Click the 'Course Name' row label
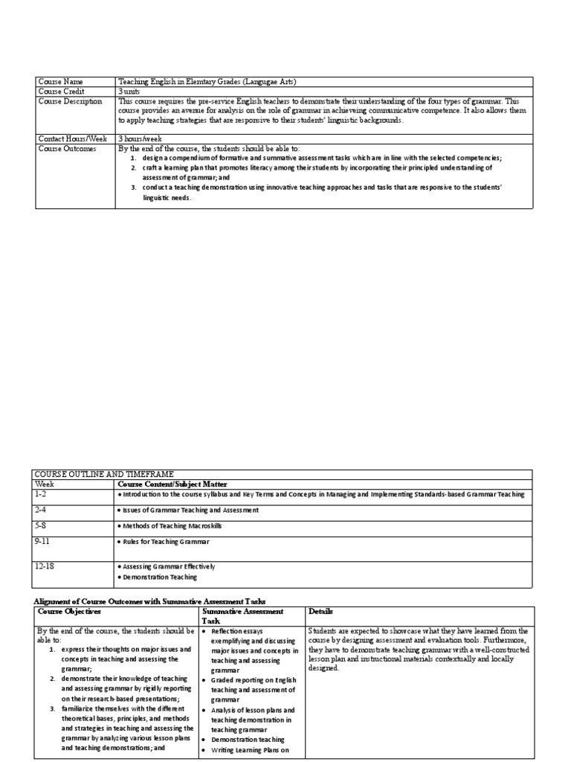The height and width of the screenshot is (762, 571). (62, 82)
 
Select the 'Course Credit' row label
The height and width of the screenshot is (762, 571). (62, 92)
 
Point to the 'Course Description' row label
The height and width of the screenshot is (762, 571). (70, 101)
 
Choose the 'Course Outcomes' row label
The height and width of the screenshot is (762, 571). (67, 148)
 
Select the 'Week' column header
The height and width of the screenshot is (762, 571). (45, 484)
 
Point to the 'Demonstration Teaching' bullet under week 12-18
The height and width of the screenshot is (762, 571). (160, 577)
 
